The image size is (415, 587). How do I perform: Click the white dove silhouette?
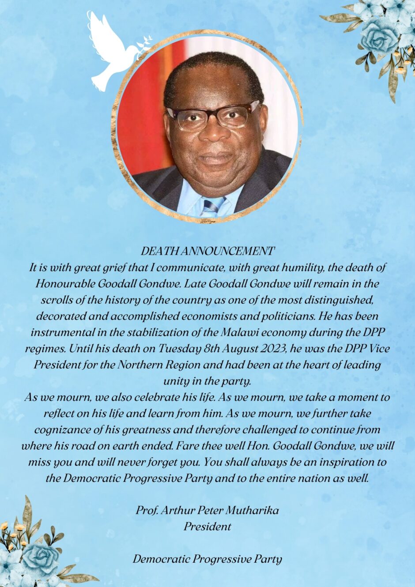point(110,51)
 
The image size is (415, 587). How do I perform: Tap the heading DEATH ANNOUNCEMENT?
point(207,251)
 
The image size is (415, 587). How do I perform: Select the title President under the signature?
point(207,527)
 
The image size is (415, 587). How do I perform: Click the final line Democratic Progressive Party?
point(207,559)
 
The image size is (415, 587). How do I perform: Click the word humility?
point(282,267)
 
